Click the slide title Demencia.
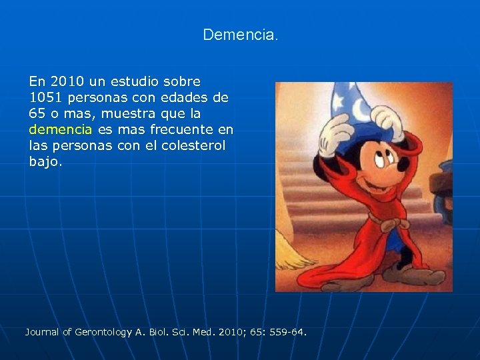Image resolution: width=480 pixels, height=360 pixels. tap(240, 34)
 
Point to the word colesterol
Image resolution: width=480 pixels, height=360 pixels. tap(194, 145)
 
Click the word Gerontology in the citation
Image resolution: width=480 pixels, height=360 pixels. tap(103, 331)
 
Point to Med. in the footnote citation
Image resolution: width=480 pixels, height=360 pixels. tap(201, 331)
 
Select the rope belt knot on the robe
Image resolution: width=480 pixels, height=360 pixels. tap(386, 225)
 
